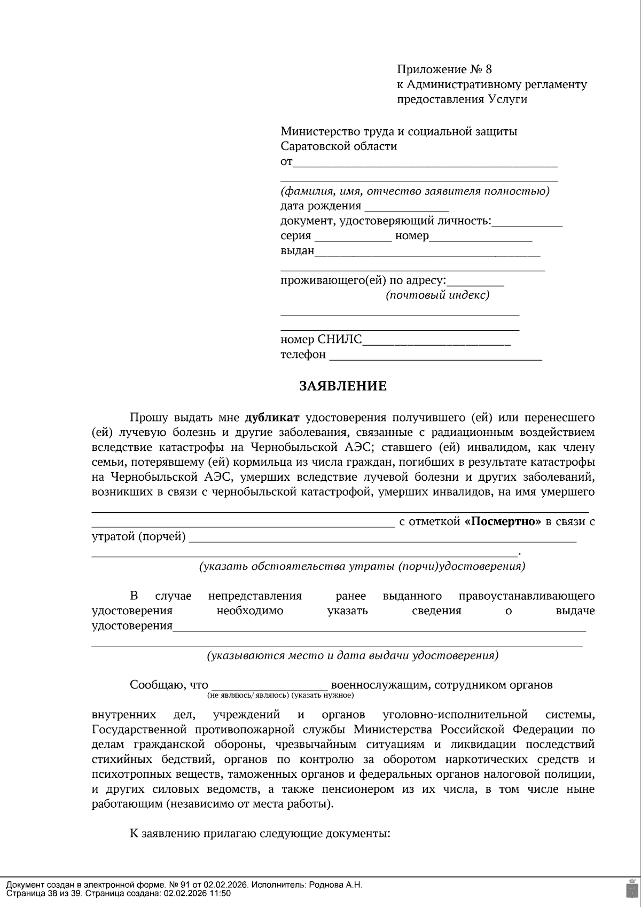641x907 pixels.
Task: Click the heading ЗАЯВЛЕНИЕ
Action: click(342, 386)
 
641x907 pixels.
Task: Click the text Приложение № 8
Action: click(444, 69)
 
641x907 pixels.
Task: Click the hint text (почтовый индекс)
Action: click(437, 295)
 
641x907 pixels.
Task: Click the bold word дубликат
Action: click(272, 417)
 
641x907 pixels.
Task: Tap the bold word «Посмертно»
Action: click(503, 522)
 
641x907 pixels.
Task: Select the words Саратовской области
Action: click(339, 146)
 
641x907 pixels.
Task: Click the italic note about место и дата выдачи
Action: click(353, 655)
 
